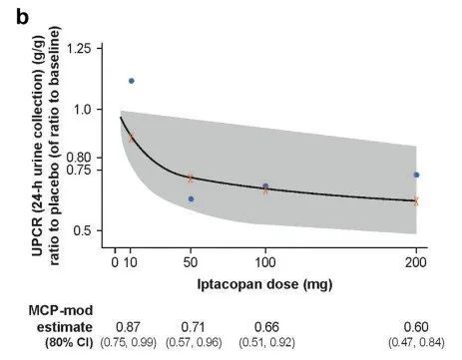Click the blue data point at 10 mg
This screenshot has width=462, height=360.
[132, 81]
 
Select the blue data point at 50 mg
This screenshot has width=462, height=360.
[191, 198]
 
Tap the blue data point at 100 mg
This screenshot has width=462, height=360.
[265, 186]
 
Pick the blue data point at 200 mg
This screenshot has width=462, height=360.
[416, 175]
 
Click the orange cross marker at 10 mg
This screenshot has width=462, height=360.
[131, 137]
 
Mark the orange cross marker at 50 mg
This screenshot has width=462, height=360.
[191, 178]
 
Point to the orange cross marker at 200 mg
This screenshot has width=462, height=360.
[416, 200]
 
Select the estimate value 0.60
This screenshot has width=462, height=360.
[415, 326]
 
